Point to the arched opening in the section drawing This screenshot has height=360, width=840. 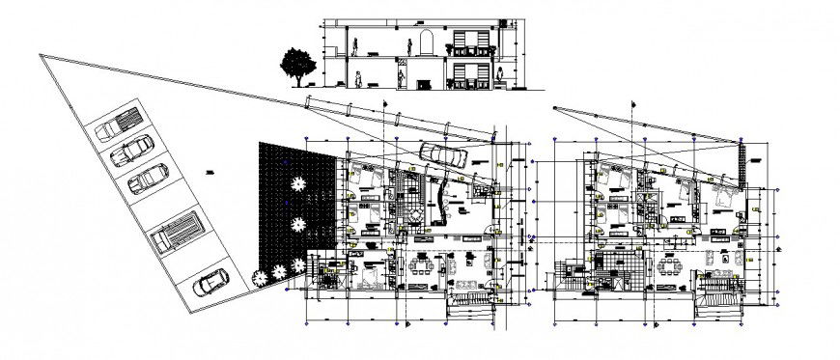421,45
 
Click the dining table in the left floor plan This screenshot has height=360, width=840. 421,267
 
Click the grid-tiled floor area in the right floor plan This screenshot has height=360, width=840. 616,261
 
